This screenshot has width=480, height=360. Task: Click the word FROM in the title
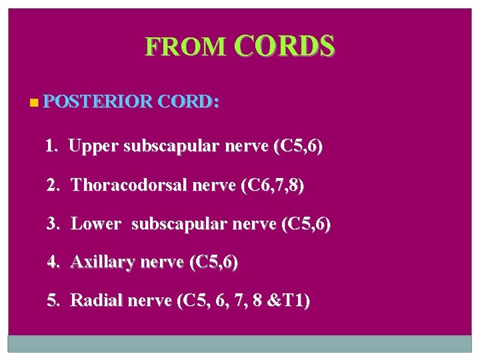pyautogui.click(x=185, y=46)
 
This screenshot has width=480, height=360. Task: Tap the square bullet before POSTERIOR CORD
pyautogui.click(x=34, y=103)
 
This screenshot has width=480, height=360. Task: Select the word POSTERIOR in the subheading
pyautogui.click(x=97, y=102)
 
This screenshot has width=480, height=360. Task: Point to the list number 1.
pyautogui.click(x=51, y=146)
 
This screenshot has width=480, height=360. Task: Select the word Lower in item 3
pyautogui.click(x=95, y=223)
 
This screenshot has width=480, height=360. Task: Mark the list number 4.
pyautogui.click(x=53, y=262)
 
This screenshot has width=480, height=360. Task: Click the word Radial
pyautogui.click(x=92, y=301)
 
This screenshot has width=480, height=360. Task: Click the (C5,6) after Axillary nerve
pyautogui.click(x=213, y=262)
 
